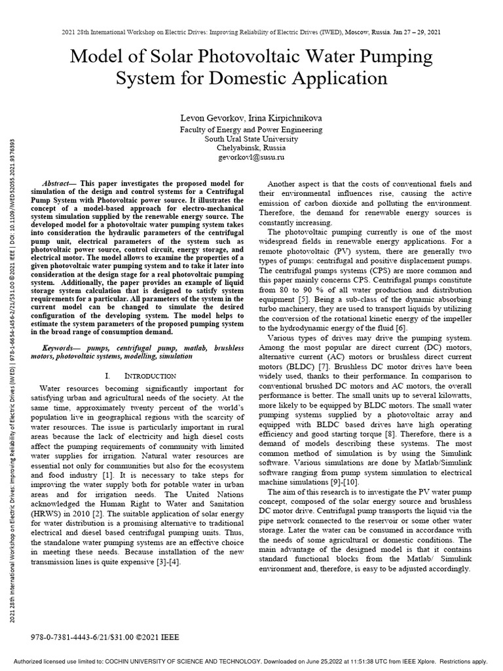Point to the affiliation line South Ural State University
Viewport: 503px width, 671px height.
click(x=251, y=139)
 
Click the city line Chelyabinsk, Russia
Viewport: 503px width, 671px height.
click(x=251, y=149)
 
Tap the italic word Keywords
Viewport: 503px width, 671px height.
click(x=60, y=347)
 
